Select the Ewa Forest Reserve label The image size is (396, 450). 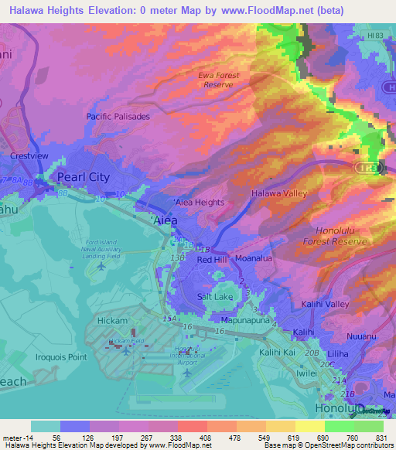click(x=219, y=80)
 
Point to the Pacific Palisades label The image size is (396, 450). click(x=118, y=116)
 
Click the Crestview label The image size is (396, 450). click(x=29, y=155)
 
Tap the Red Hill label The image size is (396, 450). click(x=213, y=260)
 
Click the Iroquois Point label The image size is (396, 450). click(x=61, y=358)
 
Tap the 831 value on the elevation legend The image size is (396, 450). click(x=382, y=436)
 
